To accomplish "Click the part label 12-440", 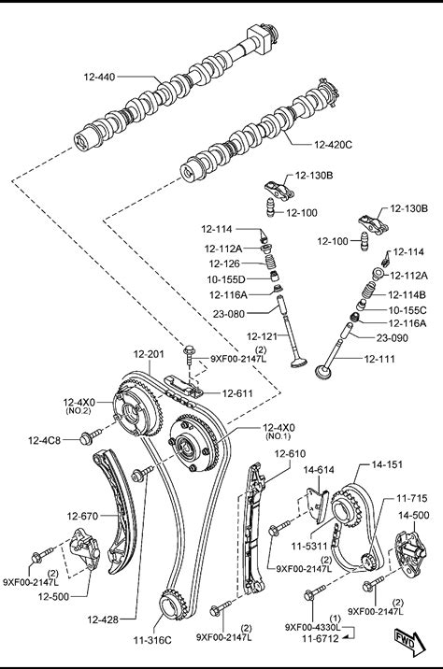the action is pos(99,78).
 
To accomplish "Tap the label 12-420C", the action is pos(333,145).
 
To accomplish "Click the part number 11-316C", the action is pos(152,640).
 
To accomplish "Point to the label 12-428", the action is pos(103,619).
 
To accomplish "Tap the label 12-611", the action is pos(237,393).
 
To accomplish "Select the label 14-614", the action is pos(319,470).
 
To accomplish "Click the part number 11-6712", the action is pos(320,639).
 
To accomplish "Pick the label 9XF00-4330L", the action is pos(312,627).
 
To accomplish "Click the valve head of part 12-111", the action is pos(323,371).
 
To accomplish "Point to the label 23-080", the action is pos(229,315).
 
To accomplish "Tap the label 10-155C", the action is pos(407,310).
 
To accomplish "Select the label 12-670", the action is pos(82,517).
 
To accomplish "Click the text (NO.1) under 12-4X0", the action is pos(278,436).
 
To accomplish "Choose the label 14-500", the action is pos(413,516).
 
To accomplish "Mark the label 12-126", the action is pos(224,263).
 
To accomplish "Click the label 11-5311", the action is pos(309,546).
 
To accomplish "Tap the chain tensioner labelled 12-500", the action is pos(84,549).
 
